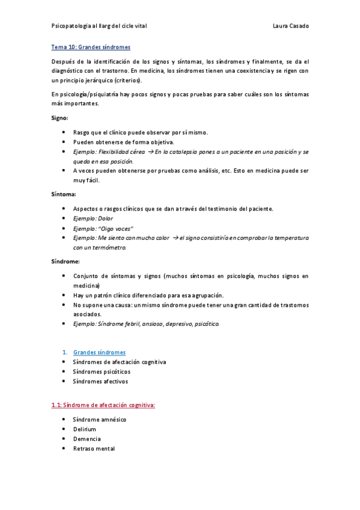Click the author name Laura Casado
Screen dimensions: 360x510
(x=290, y=26)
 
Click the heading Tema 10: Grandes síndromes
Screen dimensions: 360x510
(x=90, y=47)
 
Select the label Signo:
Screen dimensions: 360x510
(x=59, y=118)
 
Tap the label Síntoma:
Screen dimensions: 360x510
(x=63, y=194)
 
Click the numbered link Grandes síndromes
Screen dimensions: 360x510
(x=99, y=352)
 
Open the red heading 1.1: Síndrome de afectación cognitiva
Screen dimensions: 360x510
(x=103, y=405)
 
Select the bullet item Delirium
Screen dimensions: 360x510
(x=84, y=429)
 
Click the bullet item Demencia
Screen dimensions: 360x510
(x=87, y=439)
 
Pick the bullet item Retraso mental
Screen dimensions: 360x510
(x=93, y=449)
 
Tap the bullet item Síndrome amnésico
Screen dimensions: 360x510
(x=99, y=419)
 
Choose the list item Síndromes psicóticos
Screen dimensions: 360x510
(x=101, y=372)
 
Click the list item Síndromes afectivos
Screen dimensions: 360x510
(x=100, y=381)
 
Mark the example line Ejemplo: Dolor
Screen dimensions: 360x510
(x=93, y=218)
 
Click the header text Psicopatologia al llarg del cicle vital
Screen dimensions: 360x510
(x=99, y=26)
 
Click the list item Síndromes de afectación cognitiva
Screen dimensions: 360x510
(x=119, y=362)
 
